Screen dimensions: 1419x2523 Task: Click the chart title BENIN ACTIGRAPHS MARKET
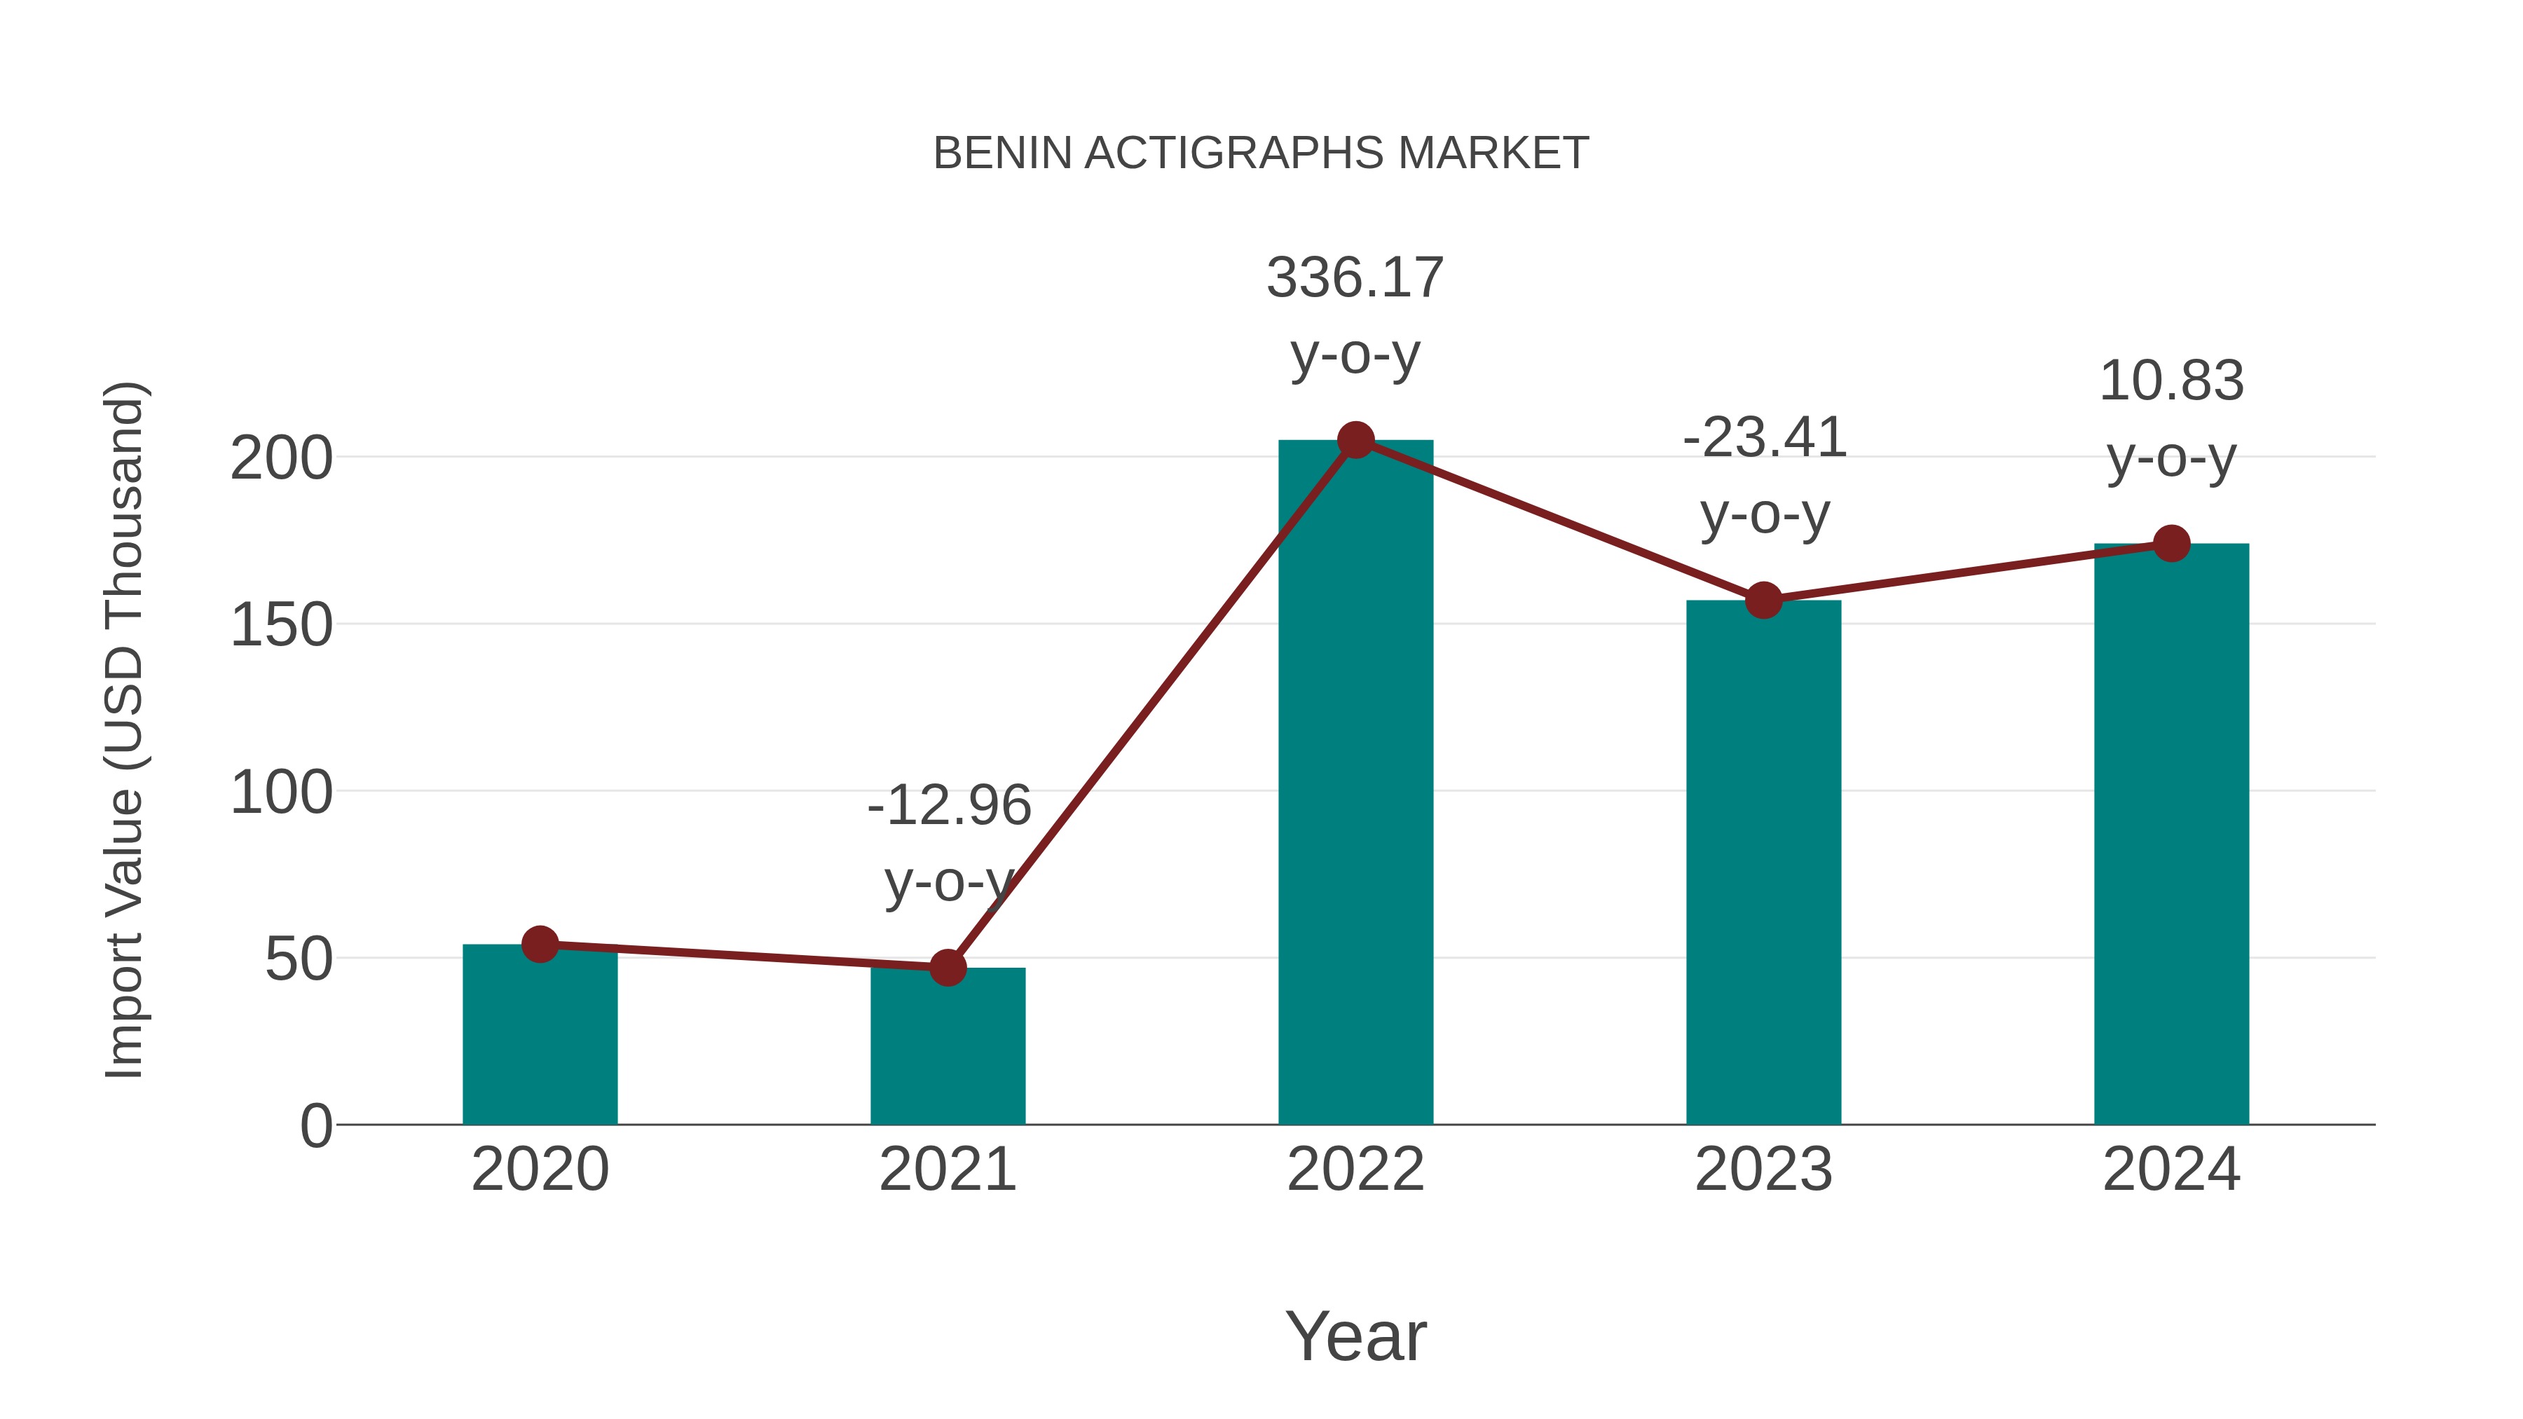pyautogui.click(x=1261, y=153)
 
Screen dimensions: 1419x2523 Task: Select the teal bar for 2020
pyautogui.click(x=540, y=1038)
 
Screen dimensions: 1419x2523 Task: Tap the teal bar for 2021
pyautogui.click(x=947, y=1048)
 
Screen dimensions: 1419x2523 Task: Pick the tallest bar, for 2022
pyautogui.click(x=1355, y=783)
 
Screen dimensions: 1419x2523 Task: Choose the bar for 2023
pyautogui.click(x=1763, y=862)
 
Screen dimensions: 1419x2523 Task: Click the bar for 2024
pyautogui.click(x=2171, y=832)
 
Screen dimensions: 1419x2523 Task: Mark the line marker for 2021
pyautogui.click(x=947, y=968)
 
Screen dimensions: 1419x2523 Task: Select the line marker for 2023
pyautogui.click(x=1764, y=601)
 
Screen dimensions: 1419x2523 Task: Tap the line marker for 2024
pyautogui.click(x=2171, y=544)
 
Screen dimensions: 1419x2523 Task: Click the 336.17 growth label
pyautogui.click(x=1355, y=278)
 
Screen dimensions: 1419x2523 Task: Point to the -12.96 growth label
pyautogui.click(x=949, y=806)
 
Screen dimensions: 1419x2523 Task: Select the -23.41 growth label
pyautogui.click(x=1764, y=438)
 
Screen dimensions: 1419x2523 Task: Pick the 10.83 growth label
pyautogui.click(x=2171, y=381)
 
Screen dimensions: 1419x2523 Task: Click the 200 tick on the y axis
pyautogui.click(x=281, y=458)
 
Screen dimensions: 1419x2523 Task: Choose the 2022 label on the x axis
pyautogui.click(x=1355, y=1170)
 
